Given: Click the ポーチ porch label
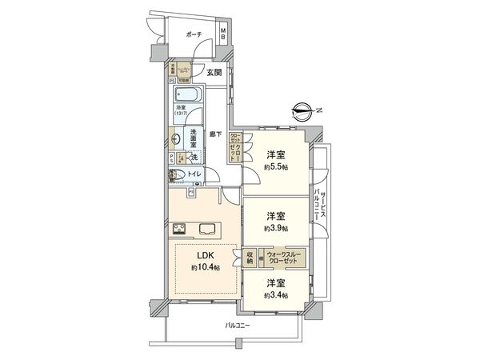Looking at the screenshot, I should pyautogui.click(x=192, y=35).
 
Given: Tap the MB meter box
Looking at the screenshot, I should pyautogui.click(x=224, y=34).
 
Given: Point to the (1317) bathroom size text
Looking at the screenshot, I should pyautogui.click(x=182, y=114).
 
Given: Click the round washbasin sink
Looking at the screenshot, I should pyautogui.click(x=174, y=138).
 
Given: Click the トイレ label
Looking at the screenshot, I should pyautogui.click(x=195, y=174).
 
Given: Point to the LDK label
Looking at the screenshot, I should pyautogui.click(x=206, y=258).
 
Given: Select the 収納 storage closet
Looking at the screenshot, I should pyautogui.click(x=249, y=258).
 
